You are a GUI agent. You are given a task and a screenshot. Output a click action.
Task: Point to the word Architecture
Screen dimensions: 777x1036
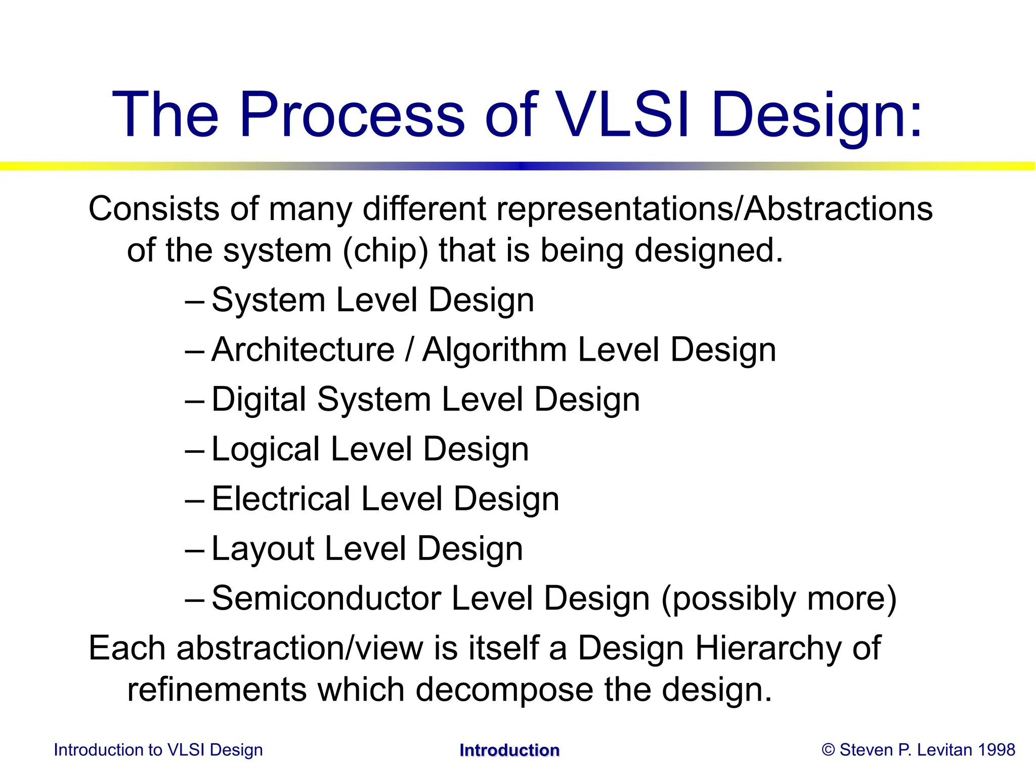click(x=303, y=350)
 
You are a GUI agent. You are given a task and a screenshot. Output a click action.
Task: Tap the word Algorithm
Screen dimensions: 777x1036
click(x=494, y=350)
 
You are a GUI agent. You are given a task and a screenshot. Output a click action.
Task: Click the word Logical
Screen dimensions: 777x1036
click(x=266, y=449)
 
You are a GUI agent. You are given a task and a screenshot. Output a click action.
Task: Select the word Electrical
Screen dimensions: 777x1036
click(x=281, y=499)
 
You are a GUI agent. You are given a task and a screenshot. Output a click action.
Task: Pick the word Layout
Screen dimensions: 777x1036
click(x=262, y=549)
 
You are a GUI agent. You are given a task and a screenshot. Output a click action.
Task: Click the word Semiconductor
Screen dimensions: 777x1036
click(x=326, y=598)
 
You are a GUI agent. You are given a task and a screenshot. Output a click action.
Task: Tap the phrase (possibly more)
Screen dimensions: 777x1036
click(x=779, y=598)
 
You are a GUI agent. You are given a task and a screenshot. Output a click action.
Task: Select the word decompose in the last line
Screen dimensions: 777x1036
click(x=504, y=690)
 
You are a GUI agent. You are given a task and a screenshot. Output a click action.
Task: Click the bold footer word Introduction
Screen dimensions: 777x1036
click(x=509, y=750)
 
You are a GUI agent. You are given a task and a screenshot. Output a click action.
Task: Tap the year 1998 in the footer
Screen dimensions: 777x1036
click(x=996, y=750)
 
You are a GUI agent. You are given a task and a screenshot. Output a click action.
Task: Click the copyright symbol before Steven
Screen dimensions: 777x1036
click(x=828, y=750)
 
